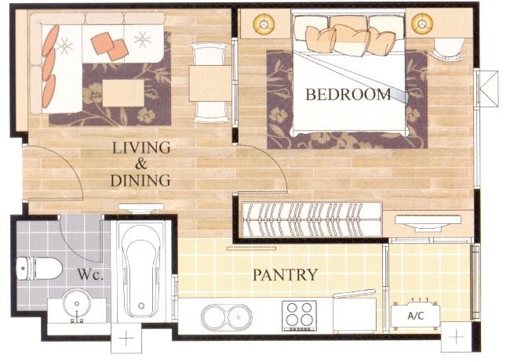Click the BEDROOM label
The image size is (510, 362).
click(348, 94)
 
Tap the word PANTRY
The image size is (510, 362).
click(285, 275)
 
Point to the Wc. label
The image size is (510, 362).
click(90, 275)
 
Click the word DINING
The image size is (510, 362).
click(140, 180)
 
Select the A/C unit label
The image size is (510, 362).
click(416, 315)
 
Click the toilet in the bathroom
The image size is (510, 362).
click(39, 269)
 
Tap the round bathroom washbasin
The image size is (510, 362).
click(76, 304)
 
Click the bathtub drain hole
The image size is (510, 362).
click(141, 306)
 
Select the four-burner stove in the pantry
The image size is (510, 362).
click(299, 316)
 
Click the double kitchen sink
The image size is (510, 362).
click(227, 317)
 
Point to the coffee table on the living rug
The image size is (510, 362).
click(123, 93)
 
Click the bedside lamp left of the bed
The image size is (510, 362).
click(264, 24)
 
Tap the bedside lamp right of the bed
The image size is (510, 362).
click(422, 24)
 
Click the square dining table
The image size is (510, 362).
click(210, 83)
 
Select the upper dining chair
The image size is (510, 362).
click(209, 54)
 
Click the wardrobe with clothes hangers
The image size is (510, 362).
click(312, 219)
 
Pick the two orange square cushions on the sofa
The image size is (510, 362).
click(110, 46)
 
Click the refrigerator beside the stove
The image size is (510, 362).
click(355, 313)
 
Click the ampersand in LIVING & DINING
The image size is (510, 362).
click(141, 164)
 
